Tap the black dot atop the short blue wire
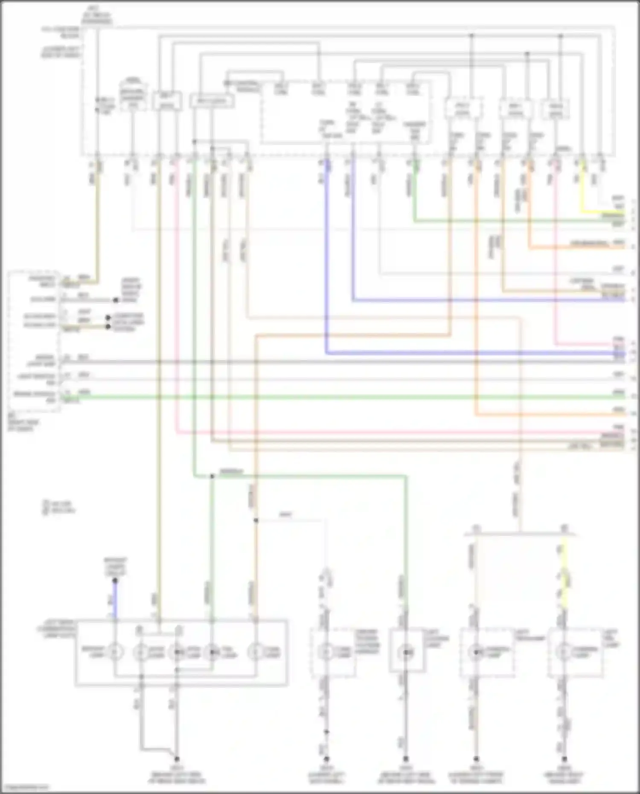click(x=114, y=580)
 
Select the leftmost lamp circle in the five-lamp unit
click(x=114, y=652)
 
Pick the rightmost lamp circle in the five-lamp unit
click(x=256, y=652)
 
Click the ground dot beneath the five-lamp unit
click(x=176, y=759)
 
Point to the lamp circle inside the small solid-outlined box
click(x=406, y=652)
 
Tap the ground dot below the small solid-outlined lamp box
click(x=406, y=759)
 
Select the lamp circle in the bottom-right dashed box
click(x=564, y=652)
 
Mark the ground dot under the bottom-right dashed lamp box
click(x=564, y=759)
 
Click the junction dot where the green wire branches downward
click(x=212, y=476)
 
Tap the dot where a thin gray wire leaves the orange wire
click(x=256, y=521)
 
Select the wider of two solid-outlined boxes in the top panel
click(x=212, y=102)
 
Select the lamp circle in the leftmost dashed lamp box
click(x=327, y=652)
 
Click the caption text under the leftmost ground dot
click(x=176, y=778)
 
